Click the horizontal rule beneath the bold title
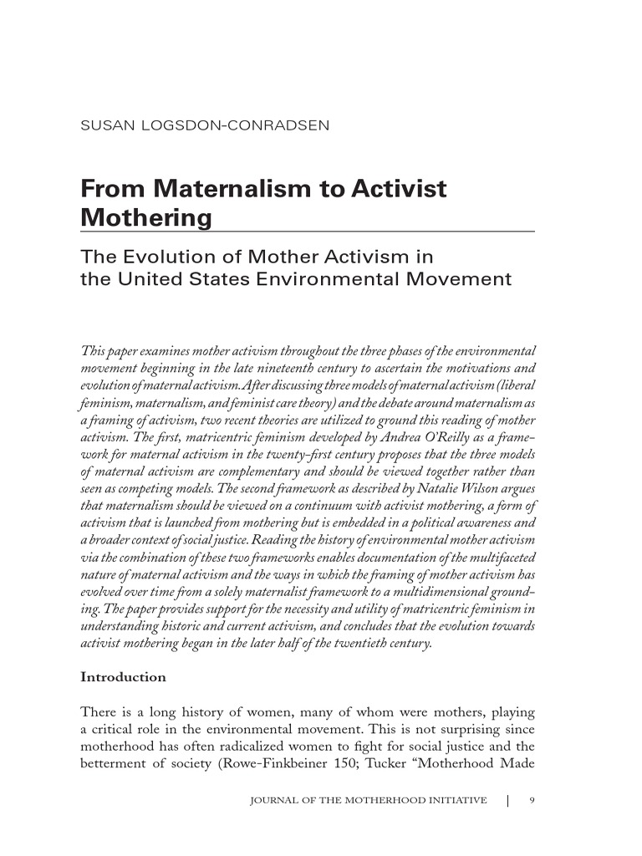coord(308,231)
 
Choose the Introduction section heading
coord(123,677)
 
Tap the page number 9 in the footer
coord(532,800)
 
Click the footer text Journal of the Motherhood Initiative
coord(369,800)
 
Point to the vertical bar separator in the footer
coord(508,800)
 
